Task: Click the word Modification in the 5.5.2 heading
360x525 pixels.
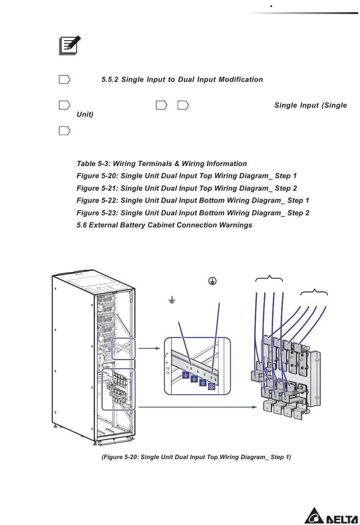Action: tap(241, 80)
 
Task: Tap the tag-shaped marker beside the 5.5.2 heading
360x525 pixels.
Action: tap(64, 80)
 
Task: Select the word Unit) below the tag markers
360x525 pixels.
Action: tap(85, 114)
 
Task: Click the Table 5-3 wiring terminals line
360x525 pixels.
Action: tap(162, 164)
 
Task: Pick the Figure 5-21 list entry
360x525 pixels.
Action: tap(187, 188)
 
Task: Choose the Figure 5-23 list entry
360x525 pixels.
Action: tap(193, 213)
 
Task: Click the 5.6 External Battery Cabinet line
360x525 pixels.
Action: tap(164, 225)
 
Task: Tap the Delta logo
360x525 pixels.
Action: tap(331, 516)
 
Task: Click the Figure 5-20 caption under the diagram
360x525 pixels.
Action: tap(196, 457)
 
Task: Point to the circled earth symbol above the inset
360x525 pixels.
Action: tap(212, 281)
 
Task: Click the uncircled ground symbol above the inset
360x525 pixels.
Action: tap(172, 300)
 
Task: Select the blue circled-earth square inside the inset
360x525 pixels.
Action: tap(211, 386)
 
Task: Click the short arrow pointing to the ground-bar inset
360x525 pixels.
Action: tap(149, 348)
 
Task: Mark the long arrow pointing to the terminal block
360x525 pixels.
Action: tap(197, 407)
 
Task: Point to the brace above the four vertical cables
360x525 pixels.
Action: tap(269, 278)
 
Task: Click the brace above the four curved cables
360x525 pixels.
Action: tap(314, 292)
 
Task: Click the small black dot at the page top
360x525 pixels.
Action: tap(271, 6)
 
